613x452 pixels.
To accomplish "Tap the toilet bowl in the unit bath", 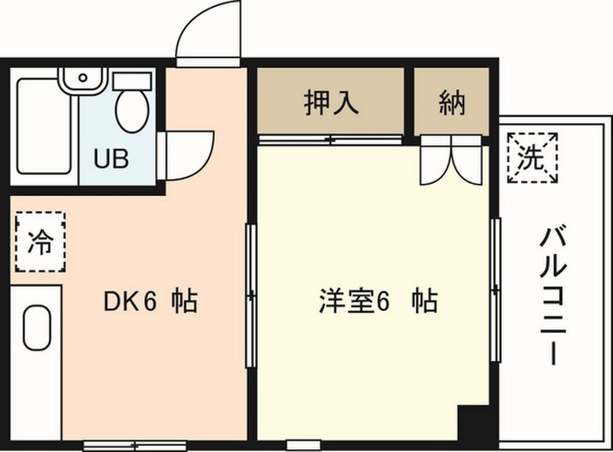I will click(x=132, y=111).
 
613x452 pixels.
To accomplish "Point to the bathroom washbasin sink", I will click(x=83, y=78).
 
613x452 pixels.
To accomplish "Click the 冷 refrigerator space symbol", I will click(x=40, y=242).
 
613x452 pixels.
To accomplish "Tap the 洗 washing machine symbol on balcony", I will click(x=532, y=158).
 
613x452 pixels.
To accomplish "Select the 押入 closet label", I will click(x=331, y=102).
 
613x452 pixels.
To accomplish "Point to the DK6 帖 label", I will click(x=150, y=302).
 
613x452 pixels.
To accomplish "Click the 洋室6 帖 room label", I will click(x=377, y=302).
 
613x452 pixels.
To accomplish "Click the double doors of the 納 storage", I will click(x=451, y=160).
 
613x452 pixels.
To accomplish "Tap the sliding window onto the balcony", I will click(x=495, y=290).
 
